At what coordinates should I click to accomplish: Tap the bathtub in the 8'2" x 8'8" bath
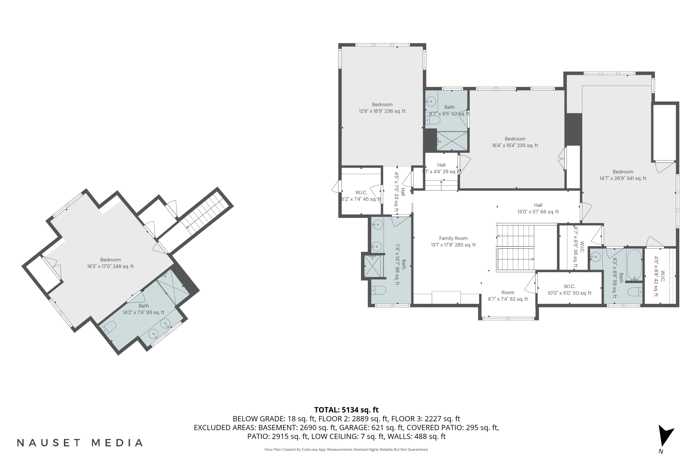tap(634, 265)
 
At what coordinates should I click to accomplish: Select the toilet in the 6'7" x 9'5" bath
tap(433, 120)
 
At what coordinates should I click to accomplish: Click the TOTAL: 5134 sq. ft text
tap(346, 410)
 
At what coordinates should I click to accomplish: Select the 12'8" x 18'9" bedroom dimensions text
tap(382, 111)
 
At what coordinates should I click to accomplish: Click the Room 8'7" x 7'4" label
tap(508, 295)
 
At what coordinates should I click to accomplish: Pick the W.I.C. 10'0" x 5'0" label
tap(569, 290)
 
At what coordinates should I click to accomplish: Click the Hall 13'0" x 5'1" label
tap(538, 208)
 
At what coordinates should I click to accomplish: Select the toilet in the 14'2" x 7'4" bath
tap(109, 327)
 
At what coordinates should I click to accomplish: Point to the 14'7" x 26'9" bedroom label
tap(623, 175)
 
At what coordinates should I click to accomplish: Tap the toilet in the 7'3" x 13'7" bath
tap(378, 290)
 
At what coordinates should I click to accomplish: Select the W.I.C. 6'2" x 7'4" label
tap(361, 196)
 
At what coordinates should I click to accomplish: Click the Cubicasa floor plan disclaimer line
tap(346, 449)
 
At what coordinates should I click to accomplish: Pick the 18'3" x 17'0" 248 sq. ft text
tap(110, 266)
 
